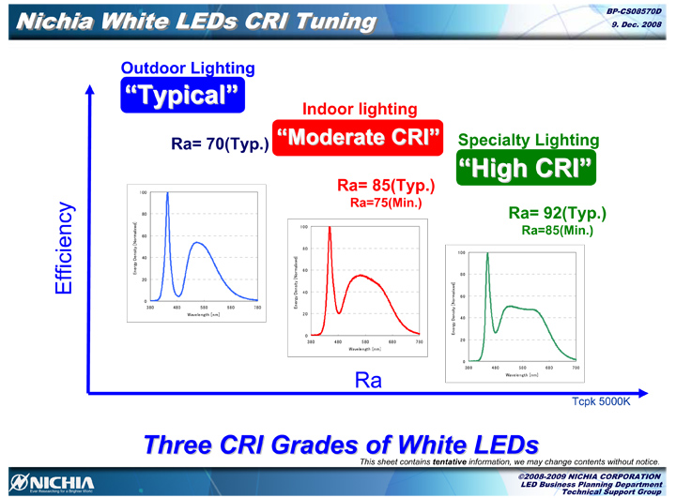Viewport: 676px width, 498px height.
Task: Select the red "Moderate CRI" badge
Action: (358, 138)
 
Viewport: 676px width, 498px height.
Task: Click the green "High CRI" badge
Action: (527, 169)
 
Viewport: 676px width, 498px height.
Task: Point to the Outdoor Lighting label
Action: (188, 68)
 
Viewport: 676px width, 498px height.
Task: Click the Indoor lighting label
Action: (360, 110)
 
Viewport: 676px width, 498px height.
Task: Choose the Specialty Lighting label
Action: (528, 140)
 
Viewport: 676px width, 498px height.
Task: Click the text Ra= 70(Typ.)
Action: (220, 144)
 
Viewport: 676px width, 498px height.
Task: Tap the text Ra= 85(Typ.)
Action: (386, 185)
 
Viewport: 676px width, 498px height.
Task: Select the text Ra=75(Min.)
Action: (386, 202)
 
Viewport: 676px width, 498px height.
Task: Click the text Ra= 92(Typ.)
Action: (557, 213)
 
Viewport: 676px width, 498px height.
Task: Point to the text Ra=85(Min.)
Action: (557, 230)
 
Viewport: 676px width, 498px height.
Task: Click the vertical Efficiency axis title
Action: (63, 248)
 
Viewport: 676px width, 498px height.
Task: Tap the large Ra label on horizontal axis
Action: (367, 380)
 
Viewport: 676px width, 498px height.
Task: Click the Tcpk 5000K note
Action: (601, 401)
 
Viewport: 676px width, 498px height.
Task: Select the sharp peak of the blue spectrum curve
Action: (167, 194)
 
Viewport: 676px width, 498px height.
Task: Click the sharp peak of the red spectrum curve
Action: (330, 228)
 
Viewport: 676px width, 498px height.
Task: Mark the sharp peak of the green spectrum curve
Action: (487, 254)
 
